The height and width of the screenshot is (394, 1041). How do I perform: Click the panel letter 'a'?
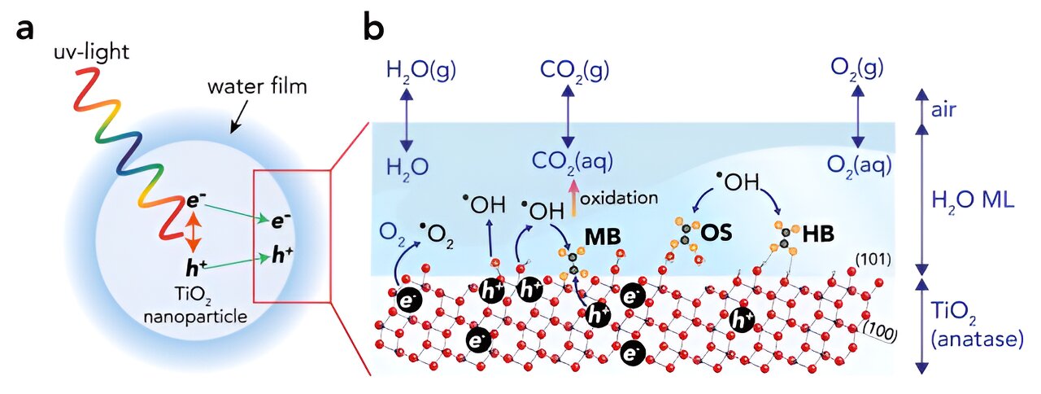(x=24, y=30)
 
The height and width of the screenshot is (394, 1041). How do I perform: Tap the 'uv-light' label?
(x=92, y=51)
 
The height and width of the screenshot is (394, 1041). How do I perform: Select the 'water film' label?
(x=257, y=87)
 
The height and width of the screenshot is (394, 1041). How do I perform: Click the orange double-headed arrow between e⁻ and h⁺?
(x=193, y=230)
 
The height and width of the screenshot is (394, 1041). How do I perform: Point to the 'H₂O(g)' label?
(x=421, y=71)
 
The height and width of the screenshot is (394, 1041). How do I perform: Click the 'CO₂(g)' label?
(x=574, y=71)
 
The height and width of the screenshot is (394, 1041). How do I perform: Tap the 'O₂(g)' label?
(x=857, y=70)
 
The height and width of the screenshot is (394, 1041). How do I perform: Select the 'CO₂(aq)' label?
(x=573, y=162)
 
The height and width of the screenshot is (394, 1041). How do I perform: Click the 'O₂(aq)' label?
(x=860, y=165)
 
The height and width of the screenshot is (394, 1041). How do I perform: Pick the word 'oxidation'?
(x=619, y=199)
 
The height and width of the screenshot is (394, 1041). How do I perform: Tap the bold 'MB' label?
(x=603, y=237)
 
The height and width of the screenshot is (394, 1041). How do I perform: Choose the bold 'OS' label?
(x=717, y=233)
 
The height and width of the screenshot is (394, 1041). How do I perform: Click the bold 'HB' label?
(x=818, y=234)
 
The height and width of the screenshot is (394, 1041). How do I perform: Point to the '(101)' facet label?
(x=873, y=260)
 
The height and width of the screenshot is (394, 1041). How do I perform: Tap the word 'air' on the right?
(x=943, y=110)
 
